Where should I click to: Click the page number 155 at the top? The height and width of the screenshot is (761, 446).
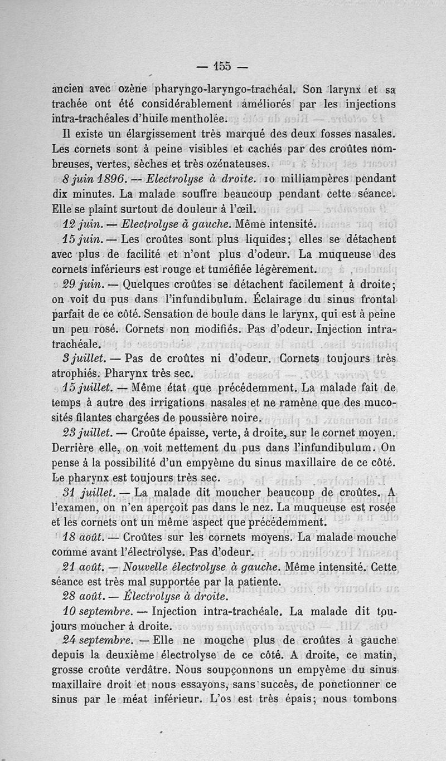[222, 66]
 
